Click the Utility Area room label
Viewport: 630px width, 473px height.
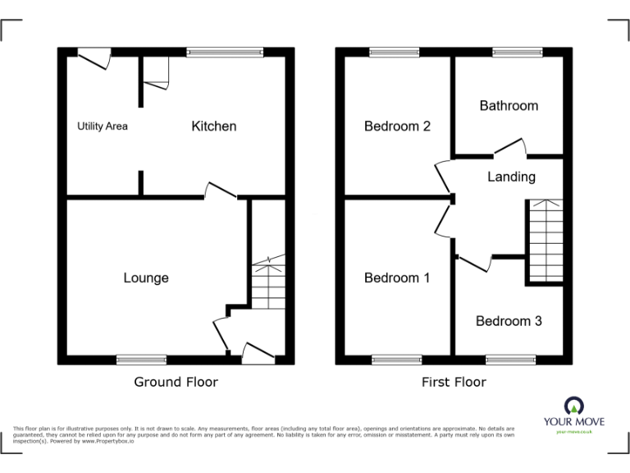click(x=103, y=126)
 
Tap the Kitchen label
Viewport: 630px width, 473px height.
click(x=214, y=126)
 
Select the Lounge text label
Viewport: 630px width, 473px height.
click(x=146, y=278)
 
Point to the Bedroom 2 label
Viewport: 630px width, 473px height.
click(x=397, y=126)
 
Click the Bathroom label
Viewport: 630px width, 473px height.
click(x=509, y=105)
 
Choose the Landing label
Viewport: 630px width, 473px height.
click(x=511, y=177)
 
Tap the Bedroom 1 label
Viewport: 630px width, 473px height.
click(x=397, y=278)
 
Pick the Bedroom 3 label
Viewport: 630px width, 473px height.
click(x=509, y=321)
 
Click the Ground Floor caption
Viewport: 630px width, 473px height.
click(x=176, y=382)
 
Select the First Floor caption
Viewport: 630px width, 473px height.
click(x=454, y=382)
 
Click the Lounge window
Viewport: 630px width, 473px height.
click(x=141, y=360)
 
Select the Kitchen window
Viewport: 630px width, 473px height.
click(x=225, y=52)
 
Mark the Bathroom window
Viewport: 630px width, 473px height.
click(x=517, y=52)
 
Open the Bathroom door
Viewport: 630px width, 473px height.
click(x=510, y=148)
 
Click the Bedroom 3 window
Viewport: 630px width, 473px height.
click(x=510, y=360)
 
